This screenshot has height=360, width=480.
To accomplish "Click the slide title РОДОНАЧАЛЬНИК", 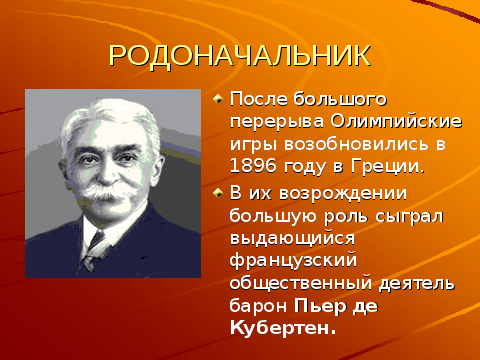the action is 240,56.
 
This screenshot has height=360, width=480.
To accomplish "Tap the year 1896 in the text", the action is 253,166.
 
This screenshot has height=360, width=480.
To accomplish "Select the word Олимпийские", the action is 396,122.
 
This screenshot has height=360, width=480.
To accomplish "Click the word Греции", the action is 388,166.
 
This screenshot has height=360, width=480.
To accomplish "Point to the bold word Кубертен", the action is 283,328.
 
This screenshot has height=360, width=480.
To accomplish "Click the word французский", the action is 293,261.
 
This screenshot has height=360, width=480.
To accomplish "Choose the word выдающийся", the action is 292,238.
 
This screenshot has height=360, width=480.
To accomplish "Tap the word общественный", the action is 301,283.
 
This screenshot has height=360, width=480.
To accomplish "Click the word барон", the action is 258,305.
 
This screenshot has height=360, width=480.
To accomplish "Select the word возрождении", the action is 343,194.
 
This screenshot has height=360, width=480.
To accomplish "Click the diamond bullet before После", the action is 218,99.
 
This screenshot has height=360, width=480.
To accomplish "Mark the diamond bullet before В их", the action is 218,193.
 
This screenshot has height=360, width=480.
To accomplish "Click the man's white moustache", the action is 105,193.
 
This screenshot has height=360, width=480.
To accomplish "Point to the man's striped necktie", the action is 93,248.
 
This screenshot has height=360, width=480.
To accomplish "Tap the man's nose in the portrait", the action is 106,173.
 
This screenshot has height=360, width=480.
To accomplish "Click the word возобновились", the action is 356,144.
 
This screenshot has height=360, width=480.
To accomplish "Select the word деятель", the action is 417,284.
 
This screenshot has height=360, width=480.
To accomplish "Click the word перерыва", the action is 277,123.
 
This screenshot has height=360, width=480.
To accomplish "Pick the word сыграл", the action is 409,217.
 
